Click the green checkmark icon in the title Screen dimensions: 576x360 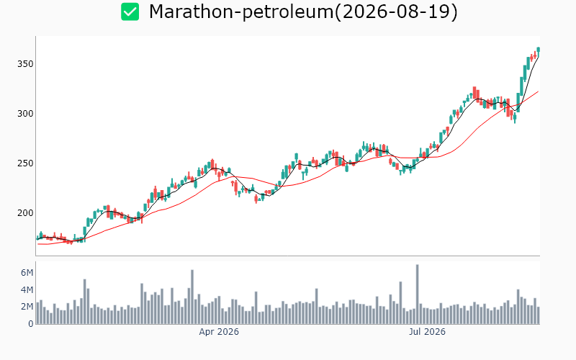coord(130,12)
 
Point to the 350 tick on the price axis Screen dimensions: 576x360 coord(25,64)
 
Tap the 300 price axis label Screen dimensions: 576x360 coord(25,114)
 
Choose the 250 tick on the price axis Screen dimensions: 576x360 coord(25,163)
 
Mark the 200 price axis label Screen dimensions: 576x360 coord(25,212)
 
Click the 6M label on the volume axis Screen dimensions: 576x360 coord(27,273)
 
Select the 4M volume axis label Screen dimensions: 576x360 coord(27,290)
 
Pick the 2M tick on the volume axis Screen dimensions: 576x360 coord(27,307)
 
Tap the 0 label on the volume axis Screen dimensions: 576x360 coord(31,323)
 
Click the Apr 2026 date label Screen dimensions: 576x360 coord(219,332)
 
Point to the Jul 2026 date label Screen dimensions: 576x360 coord(427,332)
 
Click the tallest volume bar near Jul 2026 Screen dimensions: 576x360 coord(418,294)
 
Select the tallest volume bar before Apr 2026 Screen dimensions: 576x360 coord(192,297)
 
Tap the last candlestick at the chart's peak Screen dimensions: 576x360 coord(538,50)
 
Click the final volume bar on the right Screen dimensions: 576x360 coord(539,315)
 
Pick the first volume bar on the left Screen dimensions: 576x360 coord(37,313)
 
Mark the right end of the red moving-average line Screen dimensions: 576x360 coord(539,91)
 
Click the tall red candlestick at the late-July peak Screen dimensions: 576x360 coord(474,93)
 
